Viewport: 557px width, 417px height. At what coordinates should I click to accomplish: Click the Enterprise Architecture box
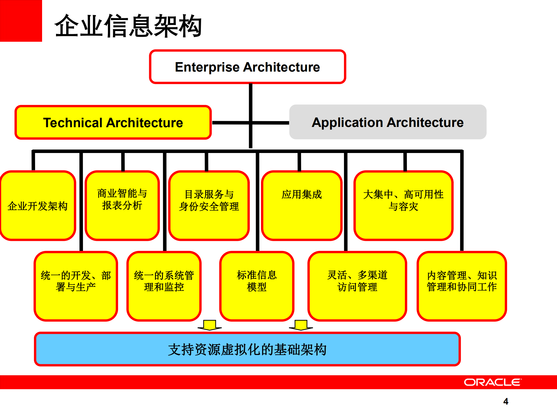(x=247, y=67)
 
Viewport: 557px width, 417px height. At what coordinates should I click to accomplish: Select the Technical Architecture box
(x=113, y=123)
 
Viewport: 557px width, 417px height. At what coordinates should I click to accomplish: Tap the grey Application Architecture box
(x=387, y=122)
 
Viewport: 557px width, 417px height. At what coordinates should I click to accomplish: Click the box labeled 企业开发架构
(x=38, y=206)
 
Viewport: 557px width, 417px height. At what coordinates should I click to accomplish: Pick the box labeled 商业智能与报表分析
(x=122, y=205)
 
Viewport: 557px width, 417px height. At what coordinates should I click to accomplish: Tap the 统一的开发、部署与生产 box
(x=76, y=286)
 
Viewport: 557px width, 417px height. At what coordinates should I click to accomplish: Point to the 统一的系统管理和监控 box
(x=164, y=286)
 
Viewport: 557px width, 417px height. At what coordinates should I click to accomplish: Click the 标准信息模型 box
(x=257, y=286)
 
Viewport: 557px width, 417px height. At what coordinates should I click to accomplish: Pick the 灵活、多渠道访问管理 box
(x=357, y=286)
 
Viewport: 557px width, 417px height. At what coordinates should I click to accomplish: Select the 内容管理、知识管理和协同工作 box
(x=462, y=286)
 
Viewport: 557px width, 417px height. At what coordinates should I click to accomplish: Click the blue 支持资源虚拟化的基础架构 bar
(x=247, y=349)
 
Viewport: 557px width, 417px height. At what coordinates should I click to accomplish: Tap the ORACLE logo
(x=493, y=382)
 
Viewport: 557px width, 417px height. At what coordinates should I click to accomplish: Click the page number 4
(x=506, y=401)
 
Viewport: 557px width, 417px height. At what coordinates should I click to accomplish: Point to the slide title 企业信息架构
(x=128, y=26)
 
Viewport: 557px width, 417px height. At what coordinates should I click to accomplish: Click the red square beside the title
(x=21, y=21)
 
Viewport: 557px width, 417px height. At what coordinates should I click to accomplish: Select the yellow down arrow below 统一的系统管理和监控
(x=210, y=325)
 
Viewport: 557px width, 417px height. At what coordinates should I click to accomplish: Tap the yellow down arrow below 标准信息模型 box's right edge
(x=301, y=325)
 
